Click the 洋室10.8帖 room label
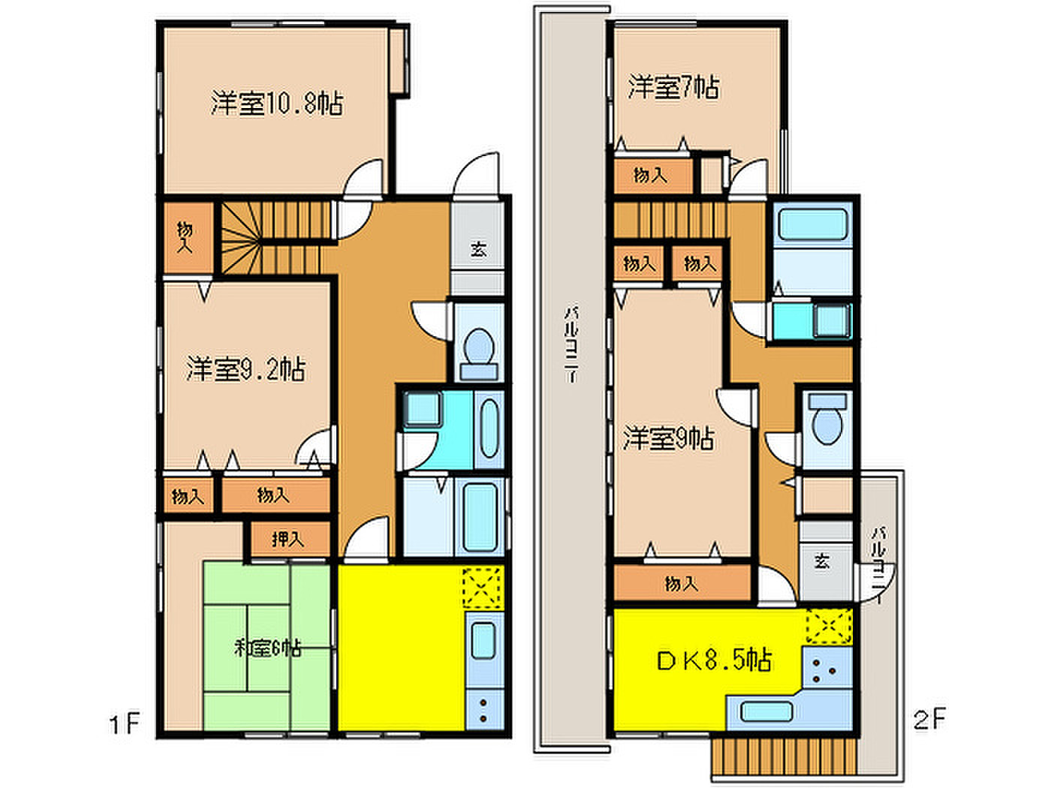coord(277,104)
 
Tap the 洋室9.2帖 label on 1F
coord(245,369)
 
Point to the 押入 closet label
coord(288,539)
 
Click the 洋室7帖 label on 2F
coord(673,87)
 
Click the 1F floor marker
coord(125,723)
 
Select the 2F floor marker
coord(929,720)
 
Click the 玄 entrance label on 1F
coord(478,249)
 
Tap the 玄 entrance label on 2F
coord(821,561)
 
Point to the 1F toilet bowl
coord(479,347)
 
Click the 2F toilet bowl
coord(827,425)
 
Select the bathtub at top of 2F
coord(812,224)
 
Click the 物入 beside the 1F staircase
coord(185,237)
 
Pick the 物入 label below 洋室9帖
coord(681,583)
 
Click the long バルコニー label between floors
coord(572,342)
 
